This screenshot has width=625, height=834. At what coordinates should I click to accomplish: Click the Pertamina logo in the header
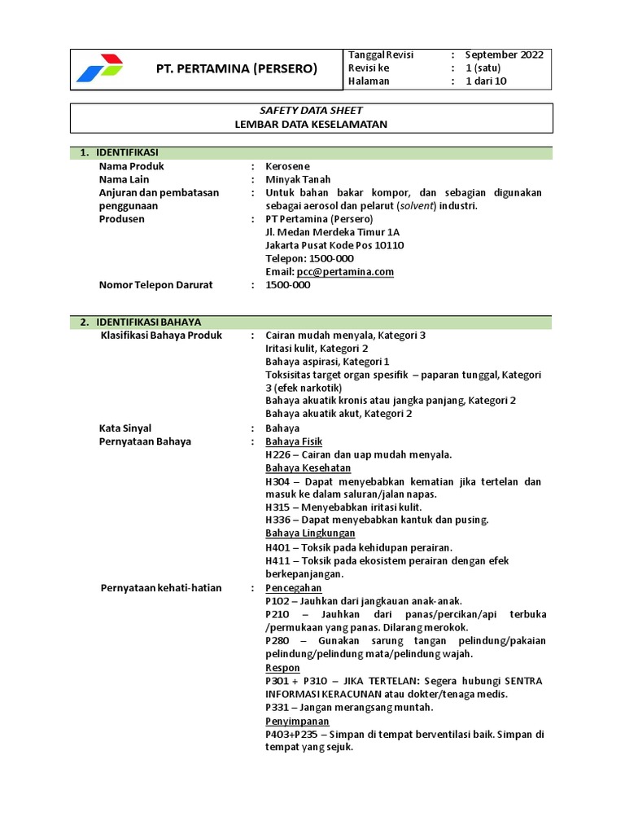click(x=100, y=68)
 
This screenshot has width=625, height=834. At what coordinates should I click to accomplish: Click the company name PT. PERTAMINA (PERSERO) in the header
click(x=236, y=68)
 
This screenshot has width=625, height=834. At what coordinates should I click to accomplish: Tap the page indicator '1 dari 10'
click(x=486, y=81)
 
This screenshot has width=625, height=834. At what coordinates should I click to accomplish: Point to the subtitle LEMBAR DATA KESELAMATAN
click(x=312, y=125)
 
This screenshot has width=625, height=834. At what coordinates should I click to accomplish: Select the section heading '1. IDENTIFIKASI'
click(x=126, y=153)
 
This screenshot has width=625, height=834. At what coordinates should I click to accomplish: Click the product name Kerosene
click(x=288, y=166)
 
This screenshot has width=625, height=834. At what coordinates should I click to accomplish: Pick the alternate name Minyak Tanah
click(x=298, y=179)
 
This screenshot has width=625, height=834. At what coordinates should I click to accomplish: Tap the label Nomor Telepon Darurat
click(x=155, y=285)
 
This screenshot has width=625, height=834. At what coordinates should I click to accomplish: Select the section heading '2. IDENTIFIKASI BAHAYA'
click(x=147, y=323)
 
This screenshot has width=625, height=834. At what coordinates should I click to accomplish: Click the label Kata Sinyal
click(x=125, y=428)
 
